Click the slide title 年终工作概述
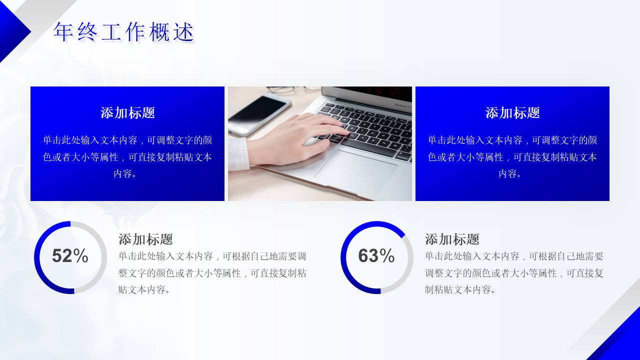tap(123, 32)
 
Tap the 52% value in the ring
tap(70, 256)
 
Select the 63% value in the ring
tap(376, 256)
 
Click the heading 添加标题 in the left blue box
tap(127, 113)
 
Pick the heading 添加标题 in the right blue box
tap(512, 113)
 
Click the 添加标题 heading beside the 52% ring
tap(145, 239)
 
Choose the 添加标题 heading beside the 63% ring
tap(452, 239)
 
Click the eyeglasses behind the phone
tap(285, 90)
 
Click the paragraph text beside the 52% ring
tap(212, 273)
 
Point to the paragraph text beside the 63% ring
tap(514, 273)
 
